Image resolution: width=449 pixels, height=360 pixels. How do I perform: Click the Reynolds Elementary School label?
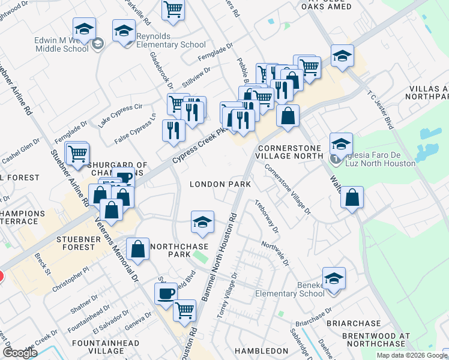(171, 40)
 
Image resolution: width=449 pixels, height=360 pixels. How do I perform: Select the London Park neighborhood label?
(220, 184)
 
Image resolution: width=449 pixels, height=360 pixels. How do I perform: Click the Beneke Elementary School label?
(289, 289)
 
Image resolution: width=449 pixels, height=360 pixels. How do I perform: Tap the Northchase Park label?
(179, 250)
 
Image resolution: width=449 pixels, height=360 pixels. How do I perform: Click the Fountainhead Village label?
(114, 347)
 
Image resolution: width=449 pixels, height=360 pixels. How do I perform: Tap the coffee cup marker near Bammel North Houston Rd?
(166, 293)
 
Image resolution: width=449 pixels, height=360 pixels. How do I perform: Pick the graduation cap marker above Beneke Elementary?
(334, 277)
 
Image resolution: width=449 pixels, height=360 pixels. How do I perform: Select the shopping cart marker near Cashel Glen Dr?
(77, 154)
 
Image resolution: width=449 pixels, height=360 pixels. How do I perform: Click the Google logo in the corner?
(20, 353)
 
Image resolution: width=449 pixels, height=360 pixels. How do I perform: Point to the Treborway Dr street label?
(267, 216)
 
